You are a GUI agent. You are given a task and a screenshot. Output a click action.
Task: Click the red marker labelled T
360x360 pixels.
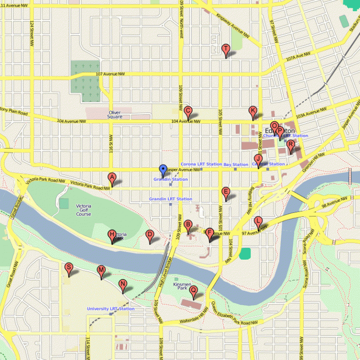(x=225, y=49)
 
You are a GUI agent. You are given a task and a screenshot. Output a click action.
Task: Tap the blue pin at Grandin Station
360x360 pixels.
(x=163, y=170)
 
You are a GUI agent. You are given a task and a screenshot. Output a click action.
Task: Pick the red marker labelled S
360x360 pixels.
(x=69, y=268)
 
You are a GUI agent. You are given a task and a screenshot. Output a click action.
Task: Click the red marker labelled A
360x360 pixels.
(x=112, y=178)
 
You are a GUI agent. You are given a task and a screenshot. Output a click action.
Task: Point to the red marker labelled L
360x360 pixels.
(x=258, y=221)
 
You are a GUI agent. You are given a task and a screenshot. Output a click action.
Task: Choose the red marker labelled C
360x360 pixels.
(x=188, y=112)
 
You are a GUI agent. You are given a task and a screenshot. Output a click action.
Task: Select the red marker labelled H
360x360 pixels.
(x=112, y=235)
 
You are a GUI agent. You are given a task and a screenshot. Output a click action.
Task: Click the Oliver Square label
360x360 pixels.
(x=115, y=114)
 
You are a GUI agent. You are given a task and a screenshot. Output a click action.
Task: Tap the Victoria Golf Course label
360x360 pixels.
(x=84, y=210)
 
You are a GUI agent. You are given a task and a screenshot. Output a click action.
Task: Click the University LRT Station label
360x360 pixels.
(x=111, y=308)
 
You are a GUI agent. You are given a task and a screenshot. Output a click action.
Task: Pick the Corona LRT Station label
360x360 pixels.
(x=201, y=164)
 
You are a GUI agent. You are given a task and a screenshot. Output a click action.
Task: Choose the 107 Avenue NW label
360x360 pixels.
(x=110, y=74)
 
